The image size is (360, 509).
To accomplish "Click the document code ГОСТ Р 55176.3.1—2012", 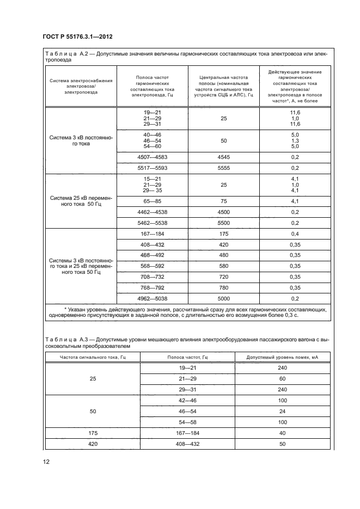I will pos(77,37).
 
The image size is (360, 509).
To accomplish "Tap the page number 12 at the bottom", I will pos(47,462).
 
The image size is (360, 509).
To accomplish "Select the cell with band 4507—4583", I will pos(152,157).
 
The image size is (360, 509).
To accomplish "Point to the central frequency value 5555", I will pos(223,168).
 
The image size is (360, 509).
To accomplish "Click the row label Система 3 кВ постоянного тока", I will pos(81,141).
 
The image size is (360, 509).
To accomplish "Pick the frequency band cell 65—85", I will pos(152,201).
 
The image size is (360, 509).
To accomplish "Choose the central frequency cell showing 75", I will pos(223,201).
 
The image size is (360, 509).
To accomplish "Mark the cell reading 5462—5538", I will pos(152,223).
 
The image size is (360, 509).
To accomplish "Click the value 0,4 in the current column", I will pos(295,234).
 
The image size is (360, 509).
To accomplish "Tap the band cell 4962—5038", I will pos(152,298).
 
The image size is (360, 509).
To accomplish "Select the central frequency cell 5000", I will pos(223,298).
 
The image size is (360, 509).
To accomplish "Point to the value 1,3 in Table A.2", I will pos(295,141).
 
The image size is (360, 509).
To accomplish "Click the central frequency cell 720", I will pos(223,277).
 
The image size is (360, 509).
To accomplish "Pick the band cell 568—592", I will pos(152,266).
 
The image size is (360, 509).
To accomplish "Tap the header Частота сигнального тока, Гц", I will pos(92,357).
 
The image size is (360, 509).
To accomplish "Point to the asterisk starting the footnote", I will pos(64,309).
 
